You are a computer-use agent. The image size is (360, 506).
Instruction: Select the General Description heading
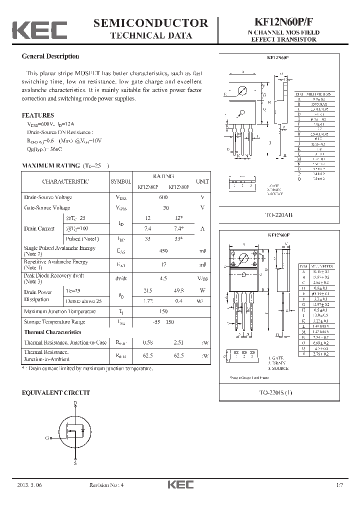50,56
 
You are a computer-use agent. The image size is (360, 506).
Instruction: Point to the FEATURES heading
38,115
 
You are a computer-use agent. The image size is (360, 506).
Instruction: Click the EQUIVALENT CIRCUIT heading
56,393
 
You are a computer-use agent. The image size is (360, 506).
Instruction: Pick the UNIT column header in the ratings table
202,181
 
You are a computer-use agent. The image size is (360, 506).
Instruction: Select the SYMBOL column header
120,181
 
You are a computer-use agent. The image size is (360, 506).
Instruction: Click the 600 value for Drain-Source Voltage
163,197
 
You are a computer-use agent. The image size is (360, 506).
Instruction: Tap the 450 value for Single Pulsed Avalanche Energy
163,251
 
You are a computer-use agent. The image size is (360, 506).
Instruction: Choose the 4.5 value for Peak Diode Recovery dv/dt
163,278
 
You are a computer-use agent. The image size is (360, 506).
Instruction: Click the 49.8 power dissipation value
178,290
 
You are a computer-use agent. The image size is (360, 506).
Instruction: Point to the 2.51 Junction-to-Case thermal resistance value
178,342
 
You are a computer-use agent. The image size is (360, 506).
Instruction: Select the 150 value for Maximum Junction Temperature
163,311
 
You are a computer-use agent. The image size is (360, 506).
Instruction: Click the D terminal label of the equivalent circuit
75,402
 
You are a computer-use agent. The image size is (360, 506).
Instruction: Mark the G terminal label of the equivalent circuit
46,438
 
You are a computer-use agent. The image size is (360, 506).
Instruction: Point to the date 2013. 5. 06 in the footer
31,485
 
